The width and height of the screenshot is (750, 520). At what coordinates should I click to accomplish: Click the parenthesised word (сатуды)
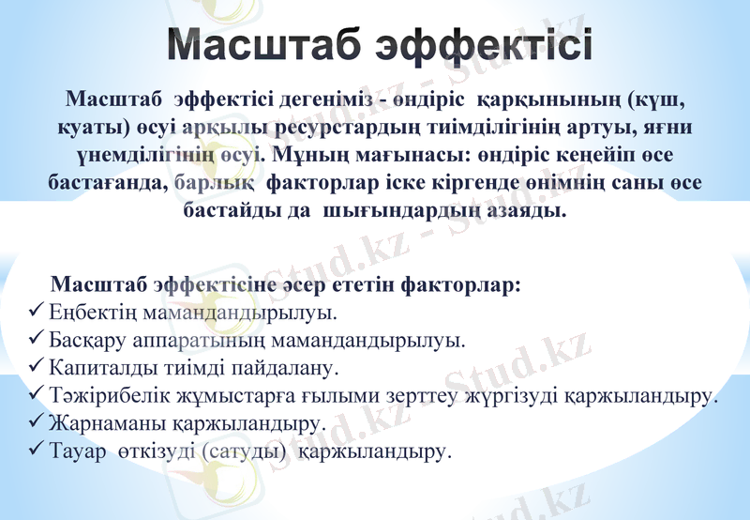click(244, 452)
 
